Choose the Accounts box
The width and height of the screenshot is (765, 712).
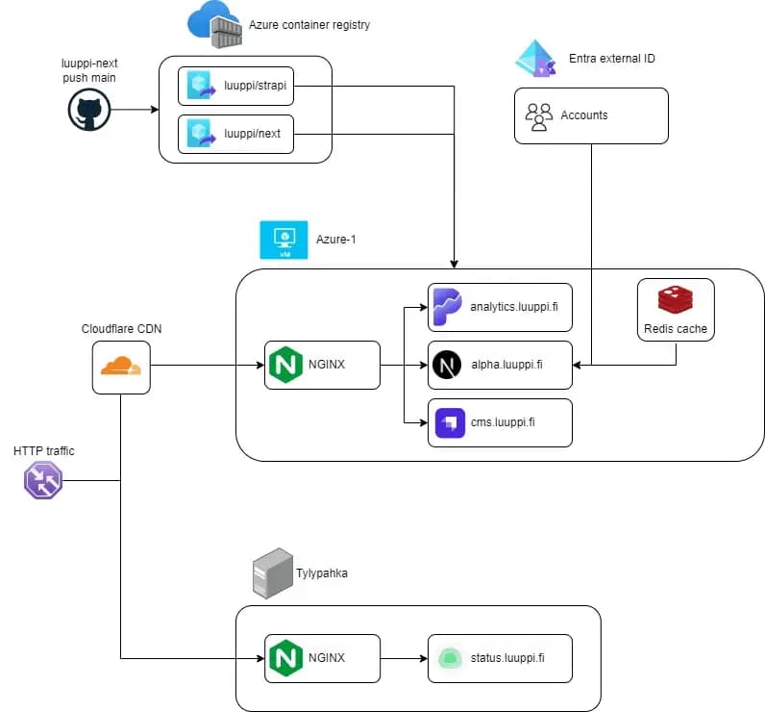click(x=590, y=115)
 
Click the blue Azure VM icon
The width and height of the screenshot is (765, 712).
click(x=284, y=240)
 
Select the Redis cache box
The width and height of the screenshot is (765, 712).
click(x=676, y=309)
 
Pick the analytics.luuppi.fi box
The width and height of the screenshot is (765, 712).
click(x=500, y=307)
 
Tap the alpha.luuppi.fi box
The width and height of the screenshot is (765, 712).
click(x=500, y=366)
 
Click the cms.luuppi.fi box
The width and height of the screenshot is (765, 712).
click(x=500, y=423)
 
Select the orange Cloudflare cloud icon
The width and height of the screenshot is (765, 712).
click(x=122, y=366)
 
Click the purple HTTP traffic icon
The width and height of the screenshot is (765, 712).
click(x=43, y=479)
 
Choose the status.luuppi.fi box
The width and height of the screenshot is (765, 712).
click(x=500, y=658)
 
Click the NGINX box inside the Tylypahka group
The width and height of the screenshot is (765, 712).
click(x=322, y=658)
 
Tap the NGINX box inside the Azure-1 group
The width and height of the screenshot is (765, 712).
click(x=322, y=366)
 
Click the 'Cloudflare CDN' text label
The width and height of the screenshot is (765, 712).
click(x=122, y=329)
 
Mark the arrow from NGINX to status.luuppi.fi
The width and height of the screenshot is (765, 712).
click(x=404, y=658)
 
